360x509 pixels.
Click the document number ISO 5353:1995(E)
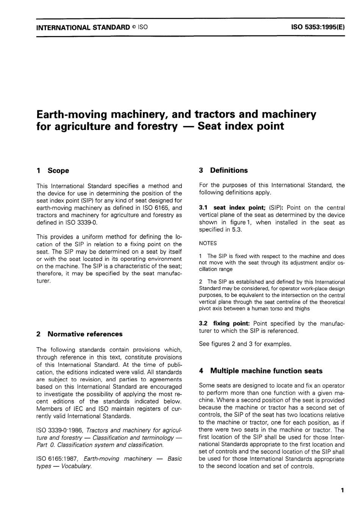coord(318,27)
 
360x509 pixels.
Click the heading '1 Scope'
coord(53,171)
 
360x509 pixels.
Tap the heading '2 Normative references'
coord(79,334)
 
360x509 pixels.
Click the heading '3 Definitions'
coord(223,170)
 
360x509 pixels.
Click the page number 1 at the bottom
coord(342,490)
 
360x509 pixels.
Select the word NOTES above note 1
coord(208,243)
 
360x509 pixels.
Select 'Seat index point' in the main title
coord(241,126)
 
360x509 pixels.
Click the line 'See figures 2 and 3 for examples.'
coord(245,344)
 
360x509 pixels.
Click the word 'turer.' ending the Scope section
coord(44,281)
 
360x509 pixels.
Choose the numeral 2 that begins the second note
coord(200,282)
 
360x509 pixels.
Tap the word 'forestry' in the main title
coord(155,126)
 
